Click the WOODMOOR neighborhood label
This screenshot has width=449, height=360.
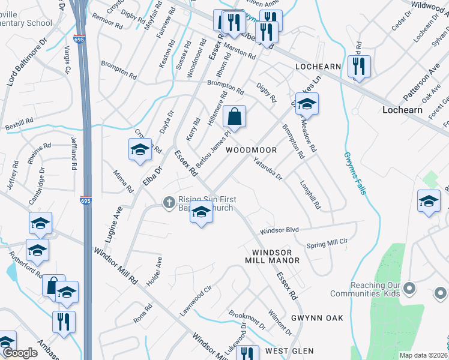(x=251, y=149)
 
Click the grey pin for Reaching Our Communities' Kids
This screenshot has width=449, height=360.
(x=410, y=289)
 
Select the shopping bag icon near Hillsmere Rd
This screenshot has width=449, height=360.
(x=235, y=117)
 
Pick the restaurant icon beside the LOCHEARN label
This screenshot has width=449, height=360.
(x=359, y=65)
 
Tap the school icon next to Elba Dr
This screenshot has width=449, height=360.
(x=140, y=149)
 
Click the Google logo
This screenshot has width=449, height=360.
(x=20, y=353)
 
